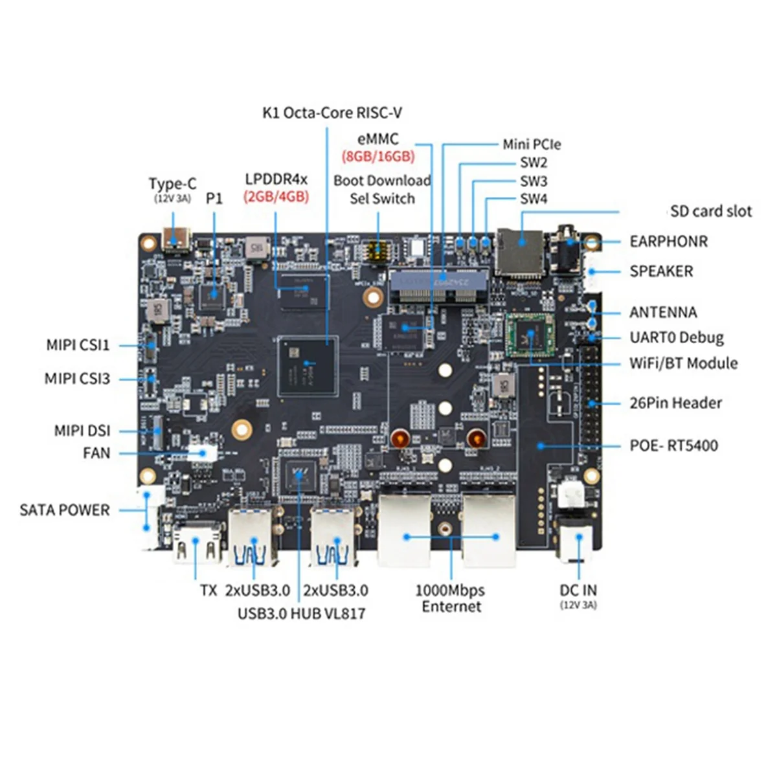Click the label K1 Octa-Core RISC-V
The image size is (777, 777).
pyautogui.click(x=332, y=113)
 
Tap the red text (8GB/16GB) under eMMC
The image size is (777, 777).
pyautogui.click(x=378, y=156)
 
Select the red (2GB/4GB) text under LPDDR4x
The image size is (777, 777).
pyautogui.click(x=276, y=196)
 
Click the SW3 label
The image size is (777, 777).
pyautogui.click(x=534, y=181)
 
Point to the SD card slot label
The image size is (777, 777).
pyautogui.click(x=711, y=211)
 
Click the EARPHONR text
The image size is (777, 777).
pyautogui.click(x=668, y=242)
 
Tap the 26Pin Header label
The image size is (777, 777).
pyautogui.click(x=675, y=403)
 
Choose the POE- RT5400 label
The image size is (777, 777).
pyautogui.click(x=673, y=445)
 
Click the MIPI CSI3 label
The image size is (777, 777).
pyautogui.click(x=77, y=378)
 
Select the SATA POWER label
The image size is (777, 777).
pyautogui.click(x=65, y=510)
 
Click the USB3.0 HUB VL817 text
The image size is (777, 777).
pyautogui.click(x=301, y=613)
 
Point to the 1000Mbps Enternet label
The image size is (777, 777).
pyautogui.click(x=451, y=598)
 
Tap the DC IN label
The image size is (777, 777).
pyautogui.click(x=578, y=590)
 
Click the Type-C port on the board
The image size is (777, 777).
pyautogui.click(x=176, y=240)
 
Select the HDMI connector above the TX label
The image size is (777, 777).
pyautogui.click(x=196, y=544)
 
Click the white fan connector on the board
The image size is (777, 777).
pyautogui.click(x=203, y=453)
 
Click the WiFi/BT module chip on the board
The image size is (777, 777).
pyautogui.click(x=530, y=335)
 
